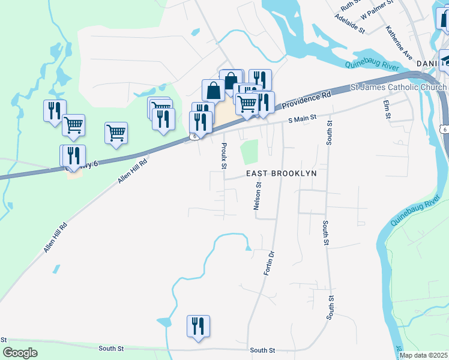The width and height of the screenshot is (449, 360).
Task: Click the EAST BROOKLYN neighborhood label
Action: (x=282, y=173)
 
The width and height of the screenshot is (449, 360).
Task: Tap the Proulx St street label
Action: (x=224, y=155)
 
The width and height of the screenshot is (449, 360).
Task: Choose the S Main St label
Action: (x=302, y=119)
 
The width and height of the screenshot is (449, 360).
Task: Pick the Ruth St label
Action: (x=349, y=5)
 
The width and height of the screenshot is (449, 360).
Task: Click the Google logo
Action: (x=20, y=353)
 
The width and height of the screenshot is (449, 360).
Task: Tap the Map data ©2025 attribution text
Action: (x=423, y=355)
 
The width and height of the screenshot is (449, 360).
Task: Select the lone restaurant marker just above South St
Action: (x=198, y=326)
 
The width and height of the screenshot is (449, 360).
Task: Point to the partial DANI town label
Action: (x=426, y=63)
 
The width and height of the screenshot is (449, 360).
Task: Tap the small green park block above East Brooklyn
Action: (x=249, y=152)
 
